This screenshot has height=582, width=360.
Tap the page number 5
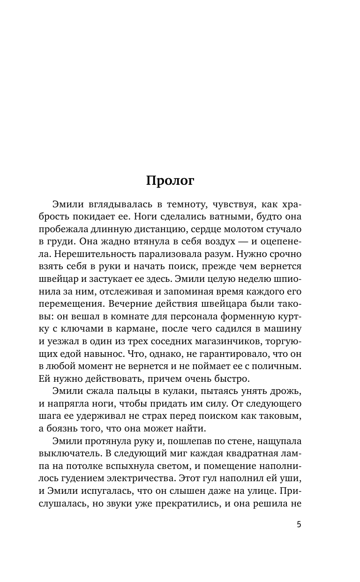(299, 524)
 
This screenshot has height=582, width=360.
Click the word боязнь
(68, 414)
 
